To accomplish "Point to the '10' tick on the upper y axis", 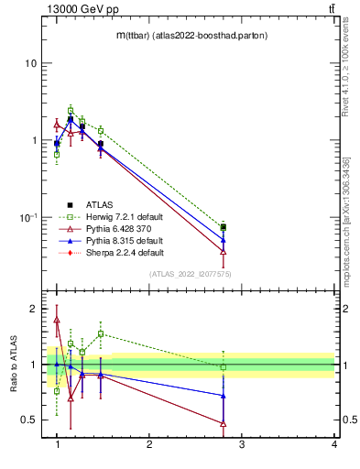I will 30,64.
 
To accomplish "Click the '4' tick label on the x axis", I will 333,445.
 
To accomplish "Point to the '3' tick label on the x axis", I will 242,445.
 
